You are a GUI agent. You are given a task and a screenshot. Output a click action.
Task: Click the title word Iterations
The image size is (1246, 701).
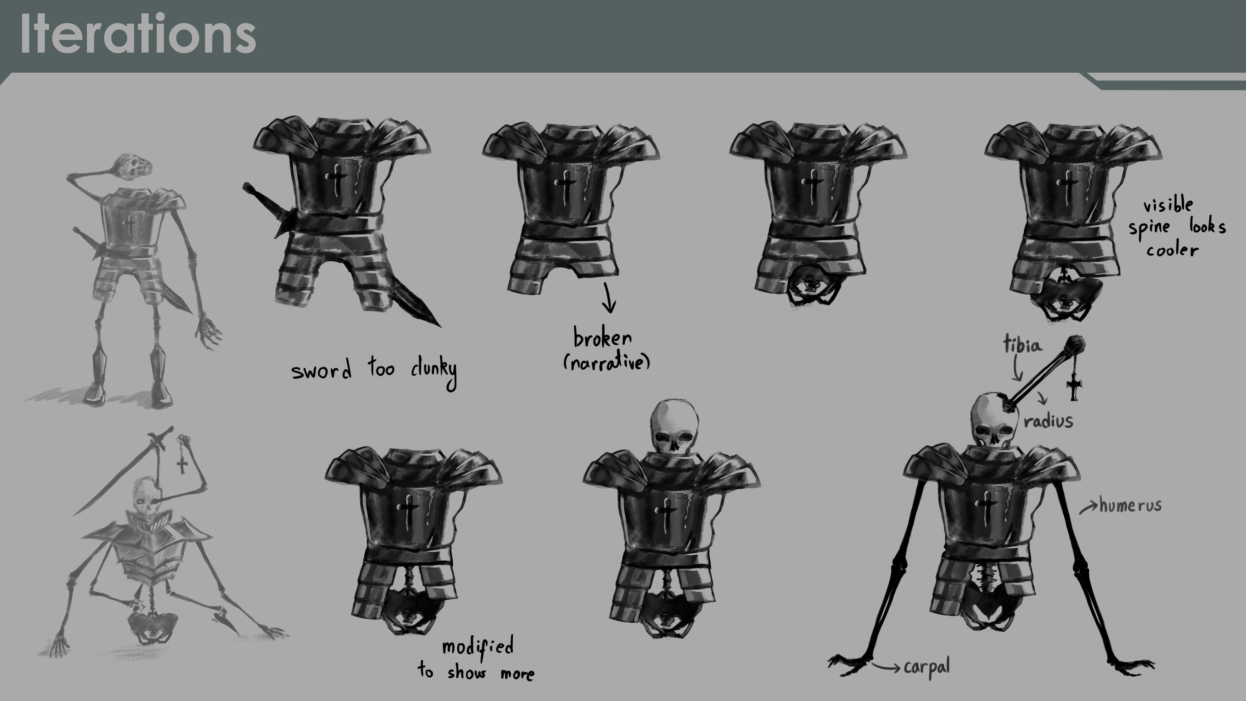tap(138, 34)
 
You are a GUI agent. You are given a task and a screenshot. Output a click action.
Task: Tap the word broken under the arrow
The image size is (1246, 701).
tap(603, 337)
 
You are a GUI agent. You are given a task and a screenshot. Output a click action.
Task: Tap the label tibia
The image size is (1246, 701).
tap(1022, 344)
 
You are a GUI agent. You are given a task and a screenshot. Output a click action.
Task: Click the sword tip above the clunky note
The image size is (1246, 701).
tap(440, 326)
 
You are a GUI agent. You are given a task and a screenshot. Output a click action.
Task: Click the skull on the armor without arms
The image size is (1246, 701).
tap(674, 426)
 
